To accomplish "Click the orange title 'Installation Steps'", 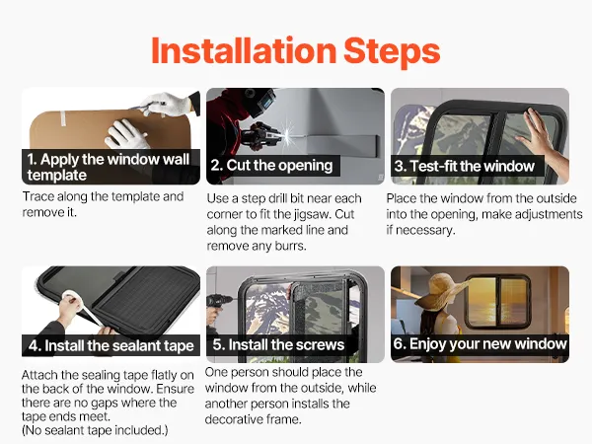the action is pyautogui.click(x=296, y=51).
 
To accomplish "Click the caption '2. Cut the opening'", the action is pyautogui.click(x=271, y=166).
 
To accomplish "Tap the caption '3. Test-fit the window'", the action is pyautogui.click(x=465, y=166).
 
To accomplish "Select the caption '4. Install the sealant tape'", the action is pyautogui.click(x=111, y=345).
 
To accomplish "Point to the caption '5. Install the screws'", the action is pyautogui.click(x=278, y=344).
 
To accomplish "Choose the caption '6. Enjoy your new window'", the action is pyautogui.click(x=480, y=344).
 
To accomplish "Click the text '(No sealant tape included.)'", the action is pyautogui.click(x=95, y=430).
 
